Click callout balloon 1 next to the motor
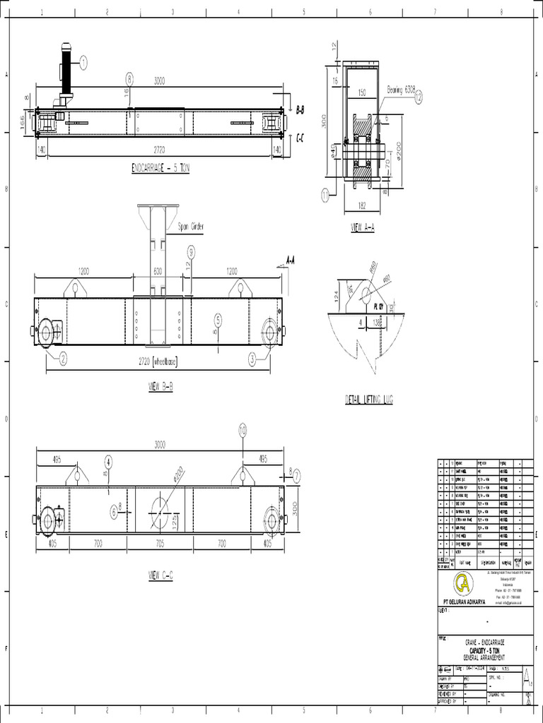click(83, 63)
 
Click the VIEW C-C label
click(160, 575)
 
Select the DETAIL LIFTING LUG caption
click(368, 399)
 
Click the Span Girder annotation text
click(190, 227)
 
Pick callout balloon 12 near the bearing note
click(419, 97)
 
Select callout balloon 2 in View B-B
click(63, 359)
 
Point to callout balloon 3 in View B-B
click(252, 359)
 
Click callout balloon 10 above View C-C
click(243, 429)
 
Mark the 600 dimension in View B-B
click(158, 270)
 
